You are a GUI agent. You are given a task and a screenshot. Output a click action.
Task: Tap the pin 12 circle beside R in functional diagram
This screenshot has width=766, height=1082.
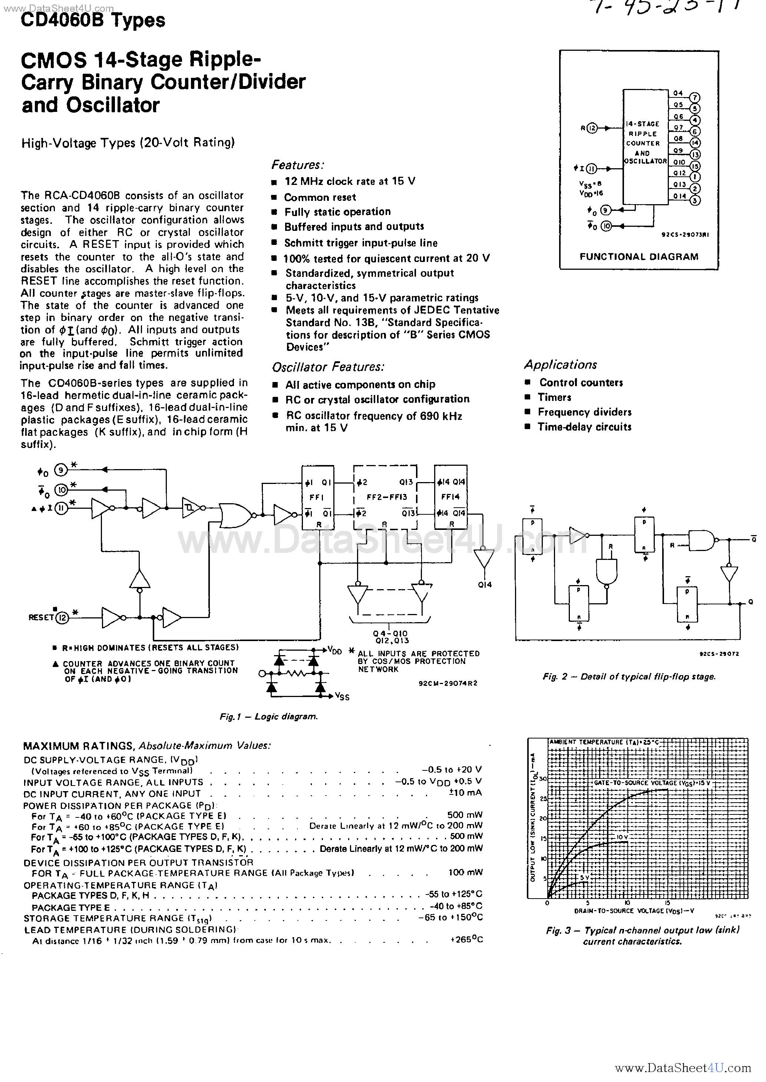pyautogui.click(x=592, y=128)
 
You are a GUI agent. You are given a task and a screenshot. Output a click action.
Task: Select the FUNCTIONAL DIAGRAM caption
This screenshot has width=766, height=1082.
pyautogui.click(x=639, y=257)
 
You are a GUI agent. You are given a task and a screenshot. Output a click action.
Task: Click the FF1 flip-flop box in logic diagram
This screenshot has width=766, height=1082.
pyautogui.click(x=318, y=498)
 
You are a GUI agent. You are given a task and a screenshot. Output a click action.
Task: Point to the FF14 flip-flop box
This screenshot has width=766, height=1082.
pyautogui.click(x=450, y=498)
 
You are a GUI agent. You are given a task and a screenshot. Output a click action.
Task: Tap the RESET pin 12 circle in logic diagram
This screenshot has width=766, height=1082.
pyautogui.click(x=62, y=618)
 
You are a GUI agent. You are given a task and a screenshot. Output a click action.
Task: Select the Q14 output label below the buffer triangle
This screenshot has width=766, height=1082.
pyautogui.click(x=485, y=585)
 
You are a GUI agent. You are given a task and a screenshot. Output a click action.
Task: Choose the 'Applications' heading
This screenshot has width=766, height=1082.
pyautogui.click(x=560, y=365)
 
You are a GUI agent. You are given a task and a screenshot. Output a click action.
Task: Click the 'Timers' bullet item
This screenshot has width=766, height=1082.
pyautogui.click(x=554, y=397)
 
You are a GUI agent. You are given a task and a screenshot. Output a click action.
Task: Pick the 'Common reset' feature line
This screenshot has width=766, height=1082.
pyautogui.click(x=320, y=198)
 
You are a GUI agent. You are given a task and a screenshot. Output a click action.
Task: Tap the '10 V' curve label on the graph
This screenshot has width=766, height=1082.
pyautogui.click(x=622, y=837)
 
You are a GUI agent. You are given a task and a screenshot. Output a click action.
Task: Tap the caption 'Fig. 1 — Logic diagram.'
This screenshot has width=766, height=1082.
pyautogui.click(x=269, y=717)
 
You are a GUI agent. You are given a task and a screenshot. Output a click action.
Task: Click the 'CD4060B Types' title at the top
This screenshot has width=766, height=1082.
pyautogui.click(x=93, y=21)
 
